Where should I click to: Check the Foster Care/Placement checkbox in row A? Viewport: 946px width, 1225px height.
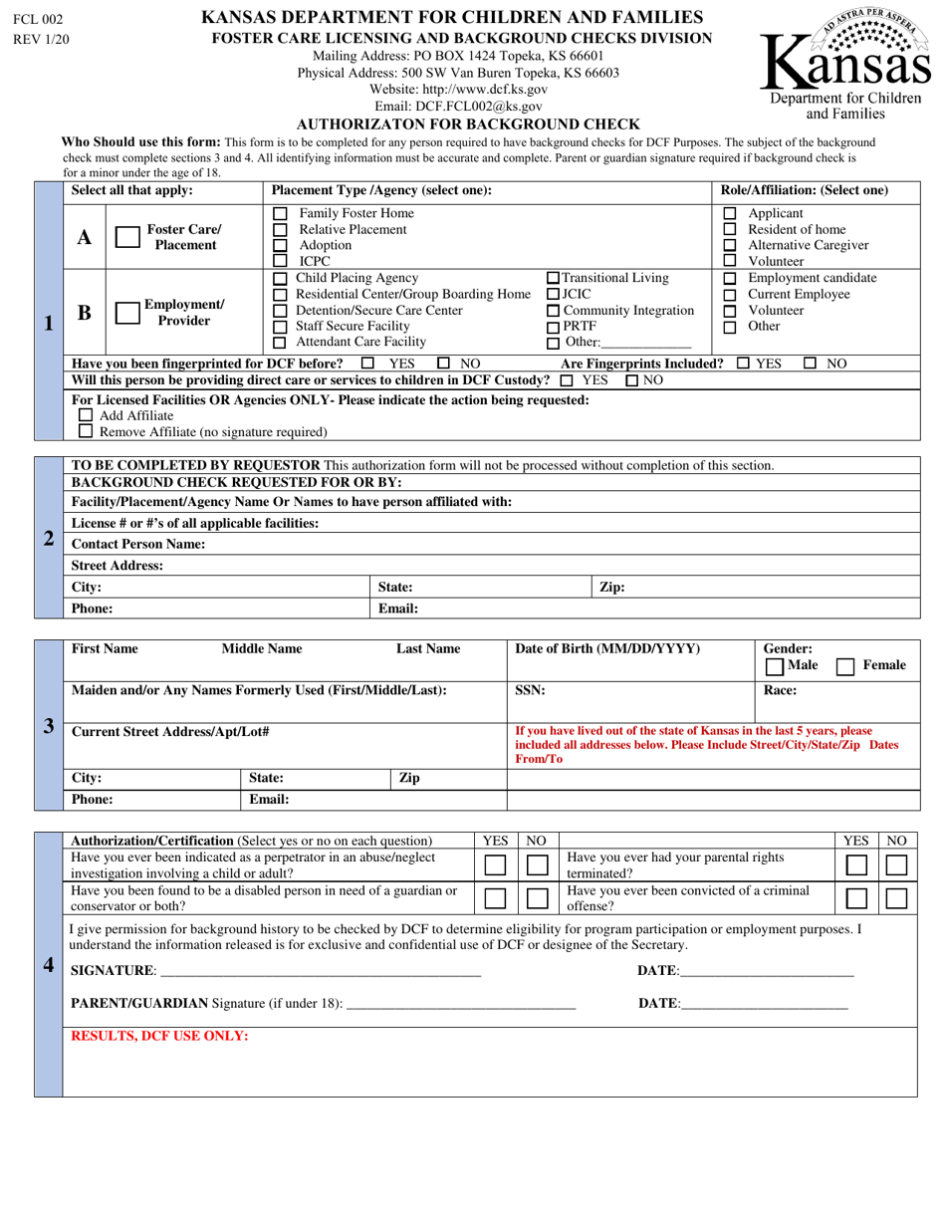(x=127, y=237)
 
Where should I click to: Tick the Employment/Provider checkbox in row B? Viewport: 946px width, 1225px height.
(x=127, y=313)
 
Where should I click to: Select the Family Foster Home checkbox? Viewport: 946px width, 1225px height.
(x=281, y=214)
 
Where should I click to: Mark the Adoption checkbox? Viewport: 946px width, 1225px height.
(x=281, y=245)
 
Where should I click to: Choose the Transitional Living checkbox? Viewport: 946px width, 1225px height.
(x=555, y=278)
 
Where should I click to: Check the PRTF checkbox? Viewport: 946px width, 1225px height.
(x=554, y=327)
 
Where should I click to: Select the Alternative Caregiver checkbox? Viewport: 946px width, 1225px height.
(x=730, y=245)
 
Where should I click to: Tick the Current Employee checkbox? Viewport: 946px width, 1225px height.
(x=730, y=295)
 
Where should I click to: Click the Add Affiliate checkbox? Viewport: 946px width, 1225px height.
(x=86, y=415)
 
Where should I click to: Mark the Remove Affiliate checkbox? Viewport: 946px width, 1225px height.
(x=86, y=431)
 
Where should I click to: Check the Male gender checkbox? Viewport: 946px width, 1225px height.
(x=774, y=665)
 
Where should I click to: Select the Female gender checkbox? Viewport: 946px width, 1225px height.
(x=846, y=665)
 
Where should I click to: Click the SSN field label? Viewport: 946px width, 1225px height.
(x=530, y=689)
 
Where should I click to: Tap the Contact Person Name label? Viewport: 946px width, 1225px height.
(x=138, y=544)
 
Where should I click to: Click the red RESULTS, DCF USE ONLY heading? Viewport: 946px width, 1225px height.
(x=160, y=1036)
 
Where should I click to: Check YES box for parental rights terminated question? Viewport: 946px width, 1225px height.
(x=857, y=866)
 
